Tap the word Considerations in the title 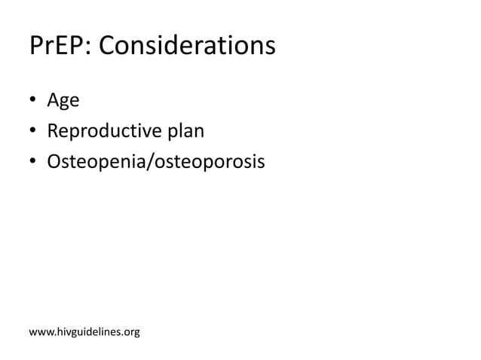pyautogui.click(x=187, y=47)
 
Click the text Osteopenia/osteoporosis pyautogui.click(x=156, y=161)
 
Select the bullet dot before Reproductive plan pyautogui.click(x=34, y=133)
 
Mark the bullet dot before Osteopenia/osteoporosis pyautogui.click(x=34, y=162)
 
